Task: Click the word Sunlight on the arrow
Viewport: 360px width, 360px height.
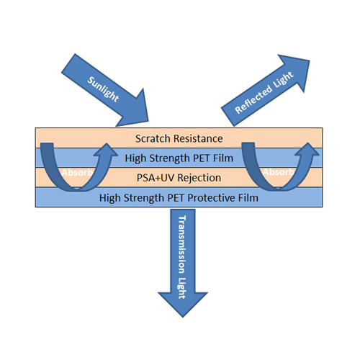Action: pyautogui.click(x=103, y=89)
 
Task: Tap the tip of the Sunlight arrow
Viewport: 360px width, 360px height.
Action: pyautogui.click(x=148, y=121)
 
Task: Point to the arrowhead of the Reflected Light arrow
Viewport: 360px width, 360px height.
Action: pyautogui.click(x=309, y=60)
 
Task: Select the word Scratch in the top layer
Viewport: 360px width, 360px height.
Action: pyautogui.click(x=153, y=139)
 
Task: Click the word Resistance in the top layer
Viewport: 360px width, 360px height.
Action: pyautogui.click(x=198, y=139)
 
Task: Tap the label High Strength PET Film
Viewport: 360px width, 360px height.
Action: pyautogui.click(x=179, y=158)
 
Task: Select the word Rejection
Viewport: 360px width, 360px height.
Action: pyautogui.click(x=199, y=178)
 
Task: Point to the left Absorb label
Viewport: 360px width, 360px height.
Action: pyautogui.click(x=77, y=172)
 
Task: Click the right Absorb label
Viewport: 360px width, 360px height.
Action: pyautogui.click(x=279, y=172)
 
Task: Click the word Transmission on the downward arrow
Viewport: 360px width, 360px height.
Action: pyautogui.click(x=182, y=244)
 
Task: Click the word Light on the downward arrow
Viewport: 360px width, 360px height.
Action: pyautogui.click(x=182, y=288)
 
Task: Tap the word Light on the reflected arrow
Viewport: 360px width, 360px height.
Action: pyautogui.click(x=283, y=79)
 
